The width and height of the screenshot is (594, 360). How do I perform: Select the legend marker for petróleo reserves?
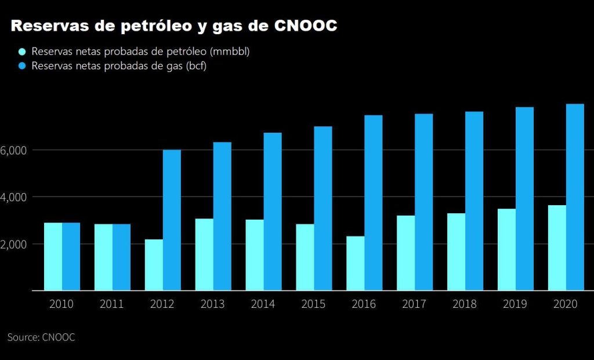23,52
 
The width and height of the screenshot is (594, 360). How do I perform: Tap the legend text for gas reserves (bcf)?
119,66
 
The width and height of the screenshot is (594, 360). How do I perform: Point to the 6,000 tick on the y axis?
14,151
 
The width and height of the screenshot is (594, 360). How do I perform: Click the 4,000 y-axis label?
14,198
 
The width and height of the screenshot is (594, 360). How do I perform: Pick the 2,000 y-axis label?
14,245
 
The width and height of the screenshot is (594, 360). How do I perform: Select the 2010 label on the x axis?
62,304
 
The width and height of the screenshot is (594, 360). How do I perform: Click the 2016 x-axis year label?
364,304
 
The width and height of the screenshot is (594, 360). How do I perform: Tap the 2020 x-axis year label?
566,304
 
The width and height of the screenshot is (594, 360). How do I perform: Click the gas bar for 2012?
172,220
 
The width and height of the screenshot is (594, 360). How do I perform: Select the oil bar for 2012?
154,265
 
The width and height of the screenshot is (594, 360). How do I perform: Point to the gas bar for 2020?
575,197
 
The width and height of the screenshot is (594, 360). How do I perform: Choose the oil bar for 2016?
356,263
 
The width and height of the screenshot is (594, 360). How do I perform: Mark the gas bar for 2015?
323,209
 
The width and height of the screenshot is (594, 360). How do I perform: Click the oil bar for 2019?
506,249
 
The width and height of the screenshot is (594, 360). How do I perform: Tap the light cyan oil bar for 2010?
53,256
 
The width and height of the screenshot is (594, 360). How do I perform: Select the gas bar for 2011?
122,257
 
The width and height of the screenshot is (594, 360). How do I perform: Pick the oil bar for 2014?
255,255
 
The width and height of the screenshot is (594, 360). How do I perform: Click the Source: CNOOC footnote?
41,337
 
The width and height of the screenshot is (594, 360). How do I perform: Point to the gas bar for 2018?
475,201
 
